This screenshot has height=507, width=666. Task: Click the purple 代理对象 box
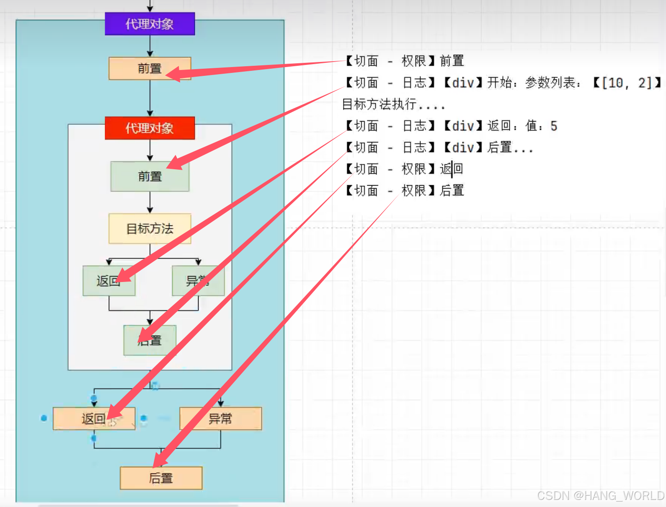click(150, 24)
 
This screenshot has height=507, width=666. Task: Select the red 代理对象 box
click(150, 128)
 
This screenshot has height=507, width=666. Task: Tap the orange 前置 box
click(150, 68)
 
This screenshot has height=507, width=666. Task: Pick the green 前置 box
click(150, 176)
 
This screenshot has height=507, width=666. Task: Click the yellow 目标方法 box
click(150, 229)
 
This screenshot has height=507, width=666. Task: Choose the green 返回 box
click(108, 281)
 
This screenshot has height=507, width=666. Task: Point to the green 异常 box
click(198, 281)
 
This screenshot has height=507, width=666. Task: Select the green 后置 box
click(150, 340)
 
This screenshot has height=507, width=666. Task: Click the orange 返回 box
click(93, 418)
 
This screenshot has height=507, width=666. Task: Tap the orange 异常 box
click(220, 418)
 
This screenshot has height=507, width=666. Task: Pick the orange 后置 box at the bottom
click(161, 478)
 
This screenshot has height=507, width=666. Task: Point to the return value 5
click(554, 126)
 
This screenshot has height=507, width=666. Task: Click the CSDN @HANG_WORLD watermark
click(601, 496)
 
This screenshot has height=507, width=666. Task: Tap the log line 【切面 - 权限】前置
click(405, 61)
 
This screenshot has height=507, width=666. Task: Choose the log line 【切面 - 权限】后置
click(405, 191)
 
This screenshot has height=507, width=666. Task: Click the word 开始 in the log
click(499, 83)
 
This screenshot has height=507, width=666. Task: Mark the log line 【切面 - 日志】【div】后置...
click(439, 147)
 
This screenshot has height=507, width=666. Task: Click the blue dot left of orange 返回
click(44, 418)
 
